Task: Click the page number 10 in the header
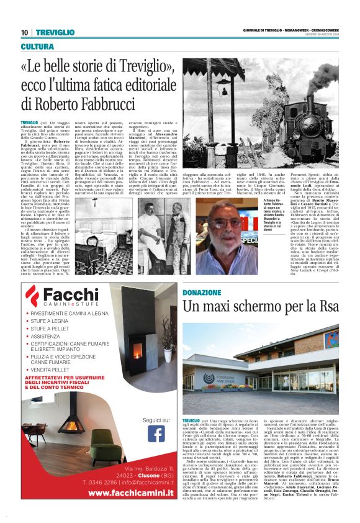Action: click(x=24, y=32)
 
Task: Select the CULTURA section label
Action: click(x=37, y=47)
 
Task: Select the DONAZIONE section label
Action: click(x=202, y=291)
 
